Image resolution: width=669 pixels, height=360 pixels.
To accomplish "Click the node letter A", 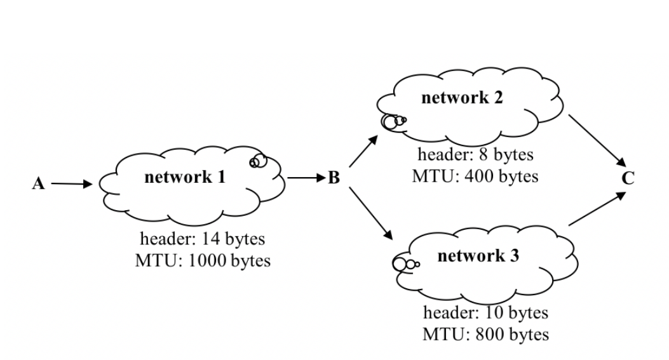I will (x=39, y=184).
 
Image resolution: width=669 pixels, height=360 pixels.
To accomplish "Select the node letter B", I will (x=334, y=178).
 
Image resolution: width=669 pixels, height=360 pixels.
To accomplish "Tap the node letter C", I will (x=628, y=178).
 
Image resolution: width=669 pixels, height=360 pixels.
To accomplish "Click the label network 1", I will (x=185, y=177).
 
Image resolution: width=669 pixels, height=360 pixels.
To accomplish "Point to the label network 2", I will (x=463, y=98).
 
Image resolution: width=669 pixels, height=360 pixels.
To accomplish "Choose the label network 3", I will (x=478, y=256).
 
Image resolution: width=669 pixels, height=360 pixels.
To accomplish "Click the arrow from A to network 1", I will (x=71, y=184).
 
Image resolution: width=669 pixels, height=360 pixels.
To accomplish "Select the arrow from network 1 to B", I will (x=306, y=178).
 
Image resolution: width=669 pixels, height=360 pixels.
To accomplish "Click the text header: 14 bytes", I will (x=202, y=239).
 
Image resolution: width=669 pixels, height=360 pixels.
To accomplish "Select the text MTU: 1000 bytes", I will (x=202, y=260).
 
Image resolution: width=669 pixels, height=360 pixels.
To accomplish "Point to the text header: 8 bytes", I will (x=475, y=154).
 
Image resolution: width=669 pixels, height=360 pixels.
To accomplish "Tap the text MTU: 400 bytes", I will (x=475, y=176).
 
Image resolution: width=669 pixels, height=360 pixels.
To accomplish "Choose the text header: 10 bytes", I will (x=485, y=312).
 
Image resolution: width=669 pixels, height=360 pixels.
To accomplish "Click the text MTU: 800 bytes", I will (x=485, y=333).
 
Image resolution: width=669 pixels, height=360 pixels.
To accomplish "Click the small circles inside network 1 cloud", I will (x=258, y=161).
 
